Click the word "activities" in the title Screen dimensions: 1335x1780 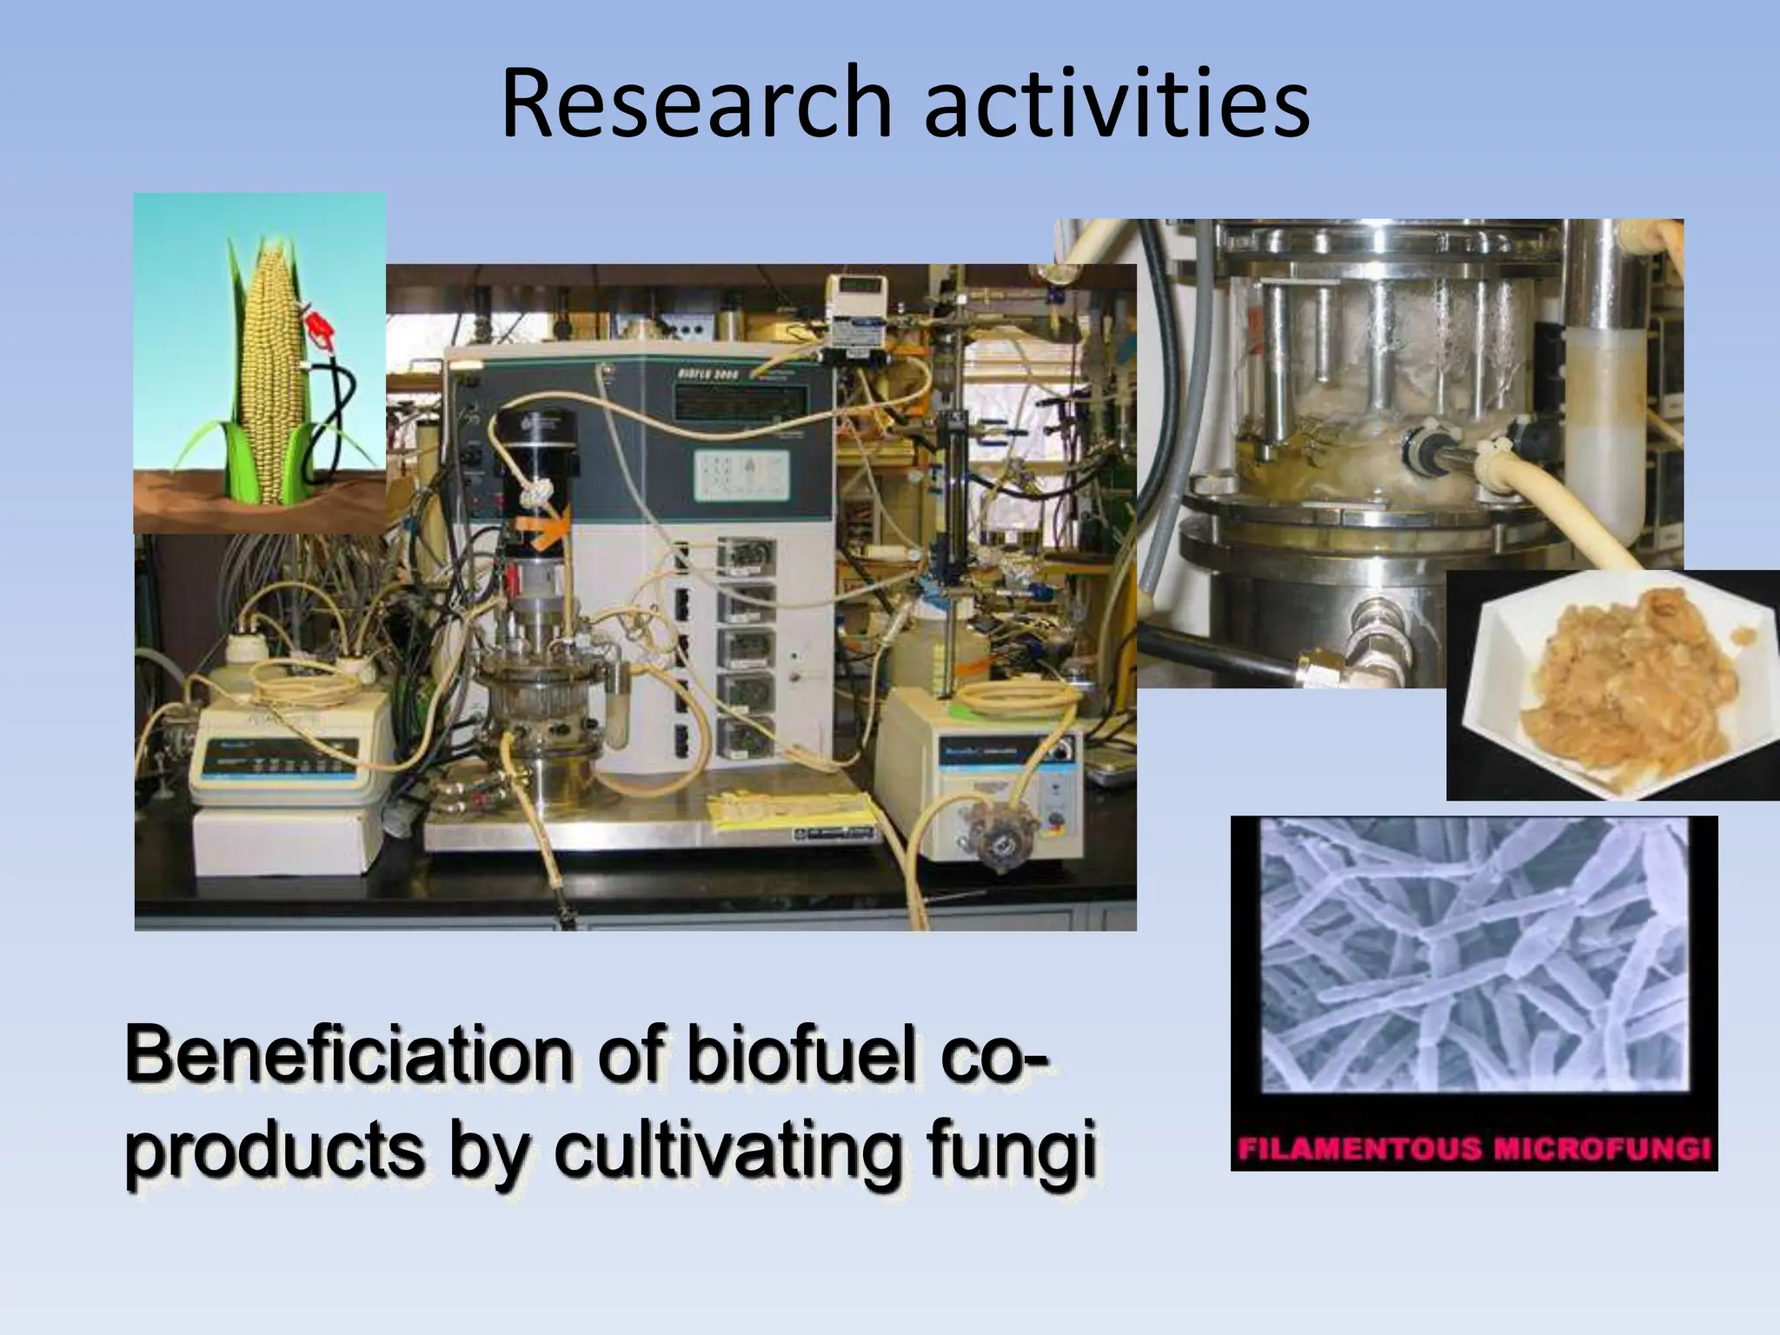[x=1118, y=103]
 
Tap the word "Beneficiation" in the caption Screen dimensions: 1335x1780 [x=348, y=1056]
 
